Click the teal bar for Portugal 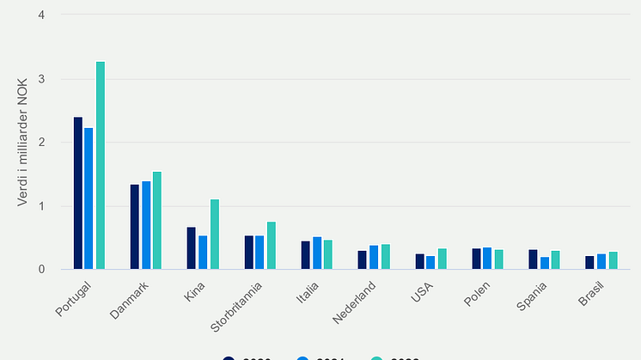pyautogui.click(x=101, y=166)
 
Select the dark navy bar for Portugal pyautogui.click(x=78, y=193)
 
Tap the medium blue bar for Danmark pyautogui.click(x=146, y=225)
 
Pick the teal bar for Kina pyautogui.click(x=215, y=235)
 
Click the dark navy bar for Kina pyautogui.click(x=192, y=248)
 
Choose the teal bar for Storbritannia pyautogui.click(x=272, y=246)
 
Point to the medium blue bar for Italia pyautogui.click(x=317, y=253)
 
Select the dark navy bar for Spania pyautogui.click(x=533, y=259)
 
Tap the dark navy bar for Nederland pyautogui.click(x=362, y=260)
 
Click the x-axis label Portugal pyautogui.click(x=74, y=296)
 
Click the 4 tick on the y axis pyautogui.click(x=42, y=15)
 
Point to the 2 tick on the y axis pyautogui.click(x=42, y=143)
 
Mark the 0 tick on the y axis pyautogui.click(x=42, y=270)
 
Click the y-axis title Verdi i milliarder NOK pyautogui.click(x=22, y=143)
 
